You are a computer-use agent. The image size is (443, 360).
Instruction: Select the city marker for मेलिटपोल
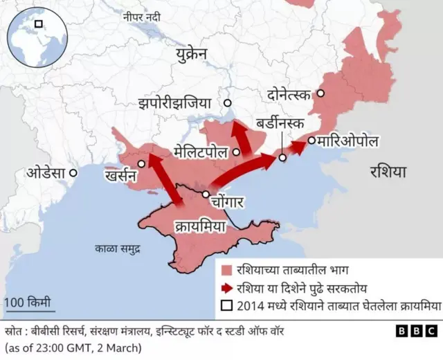point(237,150)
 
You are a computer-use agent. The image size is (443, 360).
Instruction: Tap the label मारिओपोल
point(347,141)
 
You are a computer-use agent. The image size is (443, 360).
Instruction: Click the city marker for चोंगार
point(205,195)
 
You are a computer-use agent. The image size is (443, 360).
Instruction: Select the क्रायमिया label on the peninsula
point(199,226)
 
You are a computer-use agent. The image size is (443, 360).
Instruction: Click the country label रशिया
point(388,171)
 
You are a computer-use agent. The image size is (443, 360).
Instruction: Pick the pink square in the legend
point(226,271)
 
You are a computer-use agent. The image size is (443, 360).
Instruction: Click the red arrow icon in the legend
point(226,288)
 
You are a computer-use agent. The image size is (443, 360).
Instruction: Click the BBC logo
point(415,331)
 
